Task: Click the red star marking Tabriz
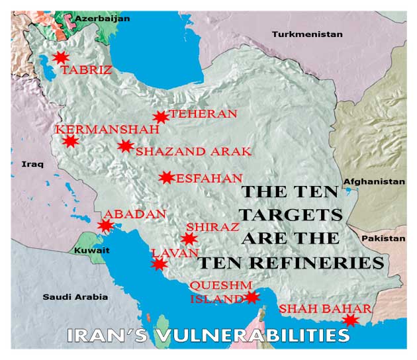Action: (x=61, y=58)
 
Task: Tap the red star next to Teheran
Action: (x=160, y=117)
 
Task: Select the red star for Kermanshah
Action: (x=71, y=141)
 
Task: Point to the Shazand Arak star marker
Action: (x=125, y=146)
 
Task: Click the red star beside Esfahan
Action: (x=167, y=177)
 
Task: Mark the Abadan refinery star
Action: (x=105, y=226)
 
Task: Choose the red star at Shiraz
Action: (x=189, y=239)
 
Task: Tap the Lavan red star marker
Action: (x=159, y=264)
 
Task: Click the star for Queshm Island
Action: (x=251, y=297)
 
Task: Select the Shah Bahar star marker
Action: (x=350, y=320)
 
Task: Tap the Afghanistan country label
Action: (x=373, y=181)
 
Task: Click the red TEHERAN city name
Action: (x=203, y=114)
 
